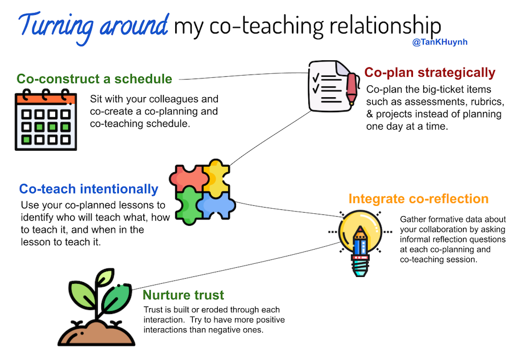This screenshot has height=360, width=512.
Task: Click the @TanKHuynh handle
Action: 440,42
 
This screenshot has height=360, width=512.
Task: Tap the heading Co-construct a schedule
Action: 94,79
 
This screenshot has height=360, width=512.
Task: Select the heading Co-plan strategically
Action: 430,72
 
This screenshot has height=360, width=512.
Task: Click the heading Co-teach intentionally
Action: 89,189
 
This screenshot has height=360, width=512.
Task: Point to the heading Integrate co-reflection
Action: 418,198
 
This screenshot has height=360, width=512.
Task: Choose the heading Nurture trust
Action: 183,295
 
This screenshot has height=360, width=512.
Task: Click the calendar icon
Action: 46,119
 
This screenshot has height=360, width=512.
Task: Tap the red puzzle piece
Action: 189,179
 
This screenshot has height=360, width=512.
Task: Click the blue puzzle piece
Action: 217,205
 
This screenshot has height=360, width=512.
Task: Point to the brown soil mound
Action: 96,333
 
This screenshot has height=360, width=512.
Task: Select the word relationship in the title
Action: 385,26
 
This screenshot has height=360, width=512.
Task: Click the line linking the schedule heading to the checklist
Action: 243,76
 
